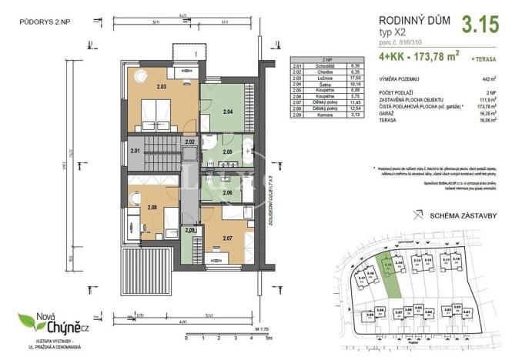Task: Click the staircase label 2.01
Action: coord(136,150)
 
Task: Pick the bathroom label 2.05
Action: coord(226,153)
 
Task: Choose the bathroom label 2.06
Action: coord(226,192)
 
